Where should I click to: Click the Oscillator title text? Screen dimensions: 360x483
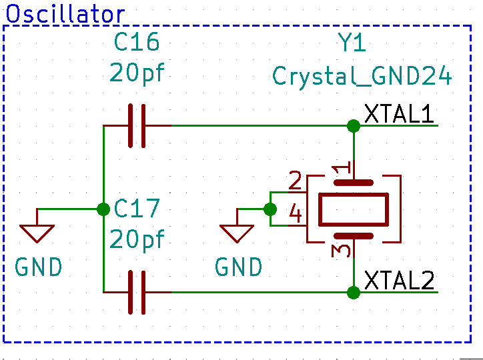65,14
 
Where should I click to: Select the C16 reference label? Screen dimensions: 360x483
137,43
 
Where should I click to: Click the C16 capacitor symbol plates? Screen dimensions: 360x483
137,125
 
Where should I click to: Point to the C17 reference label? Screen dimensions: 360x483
137,209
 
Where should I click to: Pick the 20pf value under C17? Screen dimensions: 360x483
137,239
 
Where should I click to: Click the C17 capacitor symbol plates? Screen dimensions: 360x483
137,292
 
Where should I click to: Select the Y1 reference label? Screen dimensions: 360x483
352,44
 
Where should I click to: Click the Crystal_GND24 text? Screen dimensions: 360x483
362,75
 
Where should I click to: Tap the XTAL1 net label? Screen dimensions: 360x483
399,114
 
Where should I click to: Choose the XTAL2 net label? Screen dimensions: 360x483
399,281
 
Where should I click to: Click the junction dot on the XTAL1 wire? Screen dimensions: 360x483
354,125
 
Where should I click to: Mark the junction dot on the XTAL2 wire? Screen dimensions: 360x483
354,292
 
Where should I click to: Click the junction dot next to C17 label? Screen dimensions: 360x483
103,209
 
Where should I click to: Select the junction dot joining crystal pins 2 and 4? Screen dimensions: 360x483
270,209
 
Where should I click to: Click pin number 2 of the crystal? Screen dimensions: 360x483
295,181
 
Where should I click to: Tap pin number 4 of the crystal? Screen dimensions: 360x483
295,214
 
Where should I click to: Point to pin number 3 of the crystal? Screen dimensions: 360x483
340,251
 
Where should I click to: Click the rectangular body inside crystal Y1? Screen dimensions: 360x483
354,209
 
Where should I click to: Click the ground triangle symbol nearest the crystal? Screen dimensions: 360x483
237,233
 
